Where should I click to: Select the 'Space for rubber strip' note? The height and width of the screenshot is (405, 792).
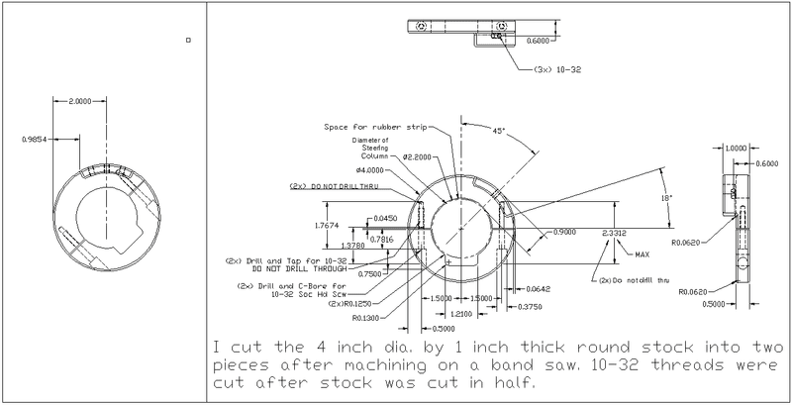pos(367,128)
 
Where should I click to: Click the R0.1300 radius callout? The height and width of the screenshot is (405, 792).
pos(367,319)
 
